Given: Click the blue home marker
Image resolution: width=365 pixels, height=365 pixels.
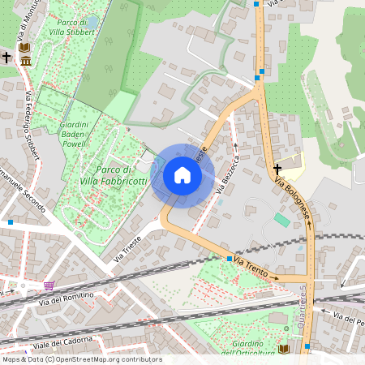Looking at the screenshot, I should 182,175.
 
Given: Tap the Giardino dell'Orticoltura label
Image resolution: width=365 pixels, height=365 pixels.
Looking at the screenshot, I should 242,348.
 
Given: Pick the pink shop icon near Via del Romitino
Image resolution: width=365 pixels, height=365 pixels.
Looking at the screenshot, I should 49,286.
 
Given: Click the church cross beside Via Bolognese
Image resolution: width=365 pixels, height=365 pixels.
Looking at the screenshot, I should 277,169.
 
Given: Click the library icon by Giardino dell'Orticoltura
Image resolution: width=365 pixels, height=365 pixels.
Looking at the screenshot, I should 283,348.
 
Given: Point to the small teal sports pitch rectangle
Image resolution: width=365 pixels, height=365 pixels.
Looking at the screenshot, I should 281,220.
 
